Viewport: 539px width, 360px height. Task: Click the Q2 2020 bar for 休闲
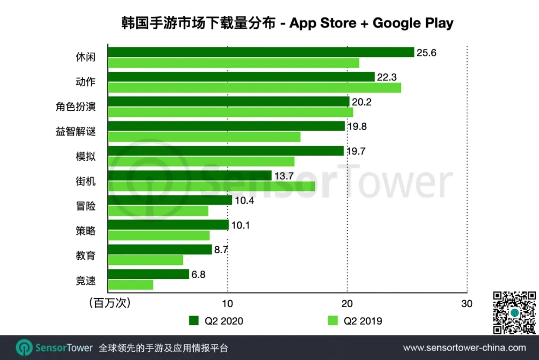point(261,52)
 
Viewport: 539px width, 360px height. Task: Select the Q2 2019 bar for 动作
point(255,88)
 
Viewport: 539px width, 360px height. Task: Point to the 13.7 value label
point(283,176)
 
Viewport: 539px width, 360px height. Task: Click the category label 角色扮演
point(75,107)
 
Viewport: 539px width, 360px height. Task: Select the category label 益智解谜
point(75,132)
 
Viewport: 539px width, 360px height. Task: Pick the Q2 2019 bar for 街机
point(212,186)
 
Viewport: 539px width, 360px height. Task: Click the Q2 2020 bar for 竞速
point(149,274)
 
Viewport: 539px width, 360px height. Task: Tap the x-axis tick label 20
point(347,304)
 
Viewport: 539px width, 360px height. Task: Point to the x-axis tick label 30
point(466,304)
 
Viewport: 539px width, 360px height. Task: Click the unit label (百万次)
point(108,304)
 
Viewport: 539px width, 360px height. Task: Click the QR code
point(514,313)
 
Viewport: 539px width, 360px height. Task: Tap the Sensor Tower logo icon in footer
point(24,348)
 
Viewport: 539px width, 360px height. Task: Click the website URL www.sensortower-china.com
point(464,348)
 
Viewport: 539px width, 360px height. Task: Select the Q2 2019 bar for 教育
point(145,260)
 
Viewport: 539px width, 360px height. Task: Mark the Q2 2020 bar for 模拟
point(226,151)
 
